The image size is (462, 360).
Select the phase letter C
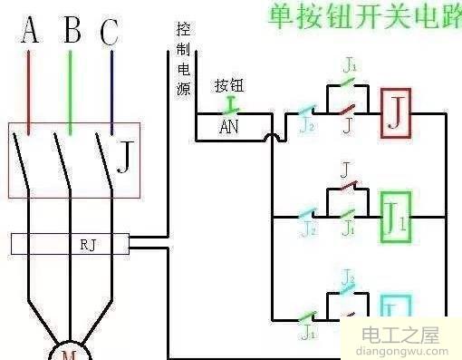110,34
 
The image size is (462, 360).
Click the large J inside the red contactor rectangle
125,161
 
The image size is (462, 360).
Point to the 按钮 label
227,86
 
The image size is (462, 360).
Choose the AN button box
228,128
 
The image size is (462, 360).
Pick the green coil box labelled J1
396,217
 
